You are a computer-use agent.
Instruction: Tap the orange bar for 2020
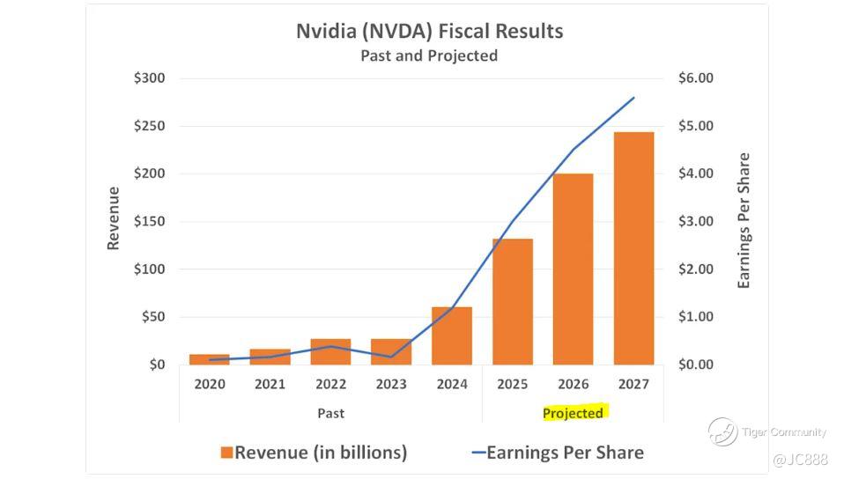pos(210,359)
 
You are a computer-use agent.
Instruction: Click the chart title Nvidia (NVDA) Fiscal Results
pos(429,32)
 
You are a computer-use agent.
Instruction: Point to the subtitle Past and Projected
pos(429,55)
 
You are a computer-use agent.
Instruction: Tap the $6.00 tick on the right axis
pos(696,78)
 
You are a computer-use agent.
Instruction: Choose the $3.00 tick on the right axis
pos(696,222)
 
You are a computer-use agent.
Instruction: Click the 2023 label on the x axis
pos(391,385)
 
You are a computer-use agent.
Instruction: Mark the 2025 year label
pos(512,385)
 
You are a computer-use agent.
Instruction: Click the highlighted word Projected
pos(573,413)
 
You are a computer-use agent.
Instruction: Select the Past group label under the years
pos(330,413)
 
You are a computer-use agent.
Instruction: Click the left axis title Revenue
pos(113,218)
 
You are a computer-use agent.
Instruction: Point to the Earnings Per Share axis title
pos(744,221)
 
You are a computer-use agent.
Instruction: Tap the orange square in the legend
pos(226,453)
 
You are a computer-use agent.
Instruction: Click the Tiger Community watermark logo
pos(722,431)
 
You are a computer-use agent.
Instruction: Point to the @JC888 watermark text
pos(801,460)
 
